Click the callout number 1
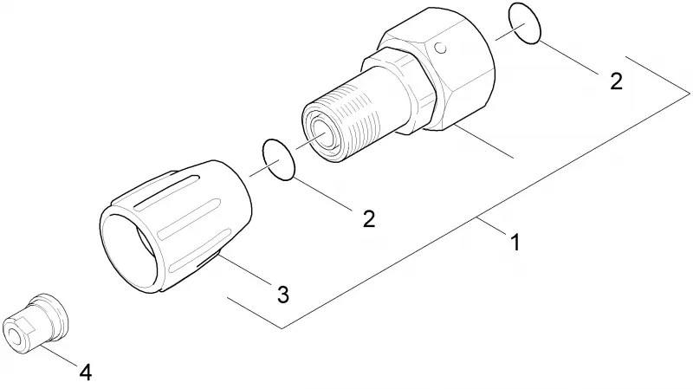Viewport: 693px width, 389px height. pyautogui.click(x=515, y=243)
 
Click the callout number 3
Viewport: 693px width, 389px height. pyautogui.click(x=283, y=295)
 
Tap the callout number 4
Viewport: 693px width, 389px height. pyautogui.click(x=86, y=373)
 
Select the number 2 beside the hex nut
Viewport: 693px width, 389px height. pyautogui.click(x=616, y=81)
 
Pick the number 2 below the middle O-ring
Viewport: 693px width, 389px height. pyautogui.click(x=369, y=219)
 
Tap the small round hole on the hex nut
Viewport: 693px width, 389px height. pyautogui.click(x=440, y=48)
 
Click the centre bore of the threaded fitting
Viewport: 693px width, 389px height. pyautogui.click(x=326, y=134)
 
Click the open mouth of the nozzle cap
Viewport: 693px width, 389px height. pyautogui.click(x=128, y=252)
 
